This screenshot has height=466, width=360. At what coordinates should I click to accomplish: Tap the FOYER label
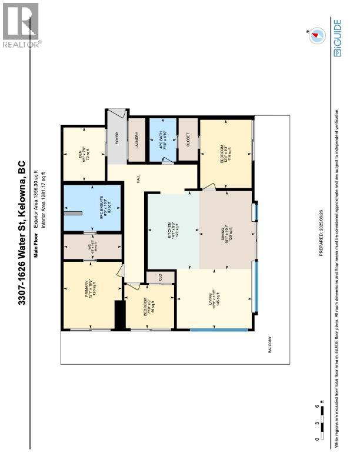(116, 139)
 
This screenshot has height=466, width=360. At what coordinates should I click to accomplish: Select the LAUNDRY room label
(136, 140)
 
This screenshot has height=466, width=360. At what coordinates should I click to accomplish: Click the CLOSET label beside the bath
(188, 139)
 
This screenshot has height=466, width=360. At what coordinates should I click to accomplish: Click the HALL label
(136, 177)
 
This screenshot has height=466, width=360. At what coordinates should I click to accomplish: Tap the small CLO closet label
(159, 277)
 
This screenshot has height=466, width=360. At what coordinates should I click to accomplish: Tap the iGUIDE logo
(337, 38)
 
